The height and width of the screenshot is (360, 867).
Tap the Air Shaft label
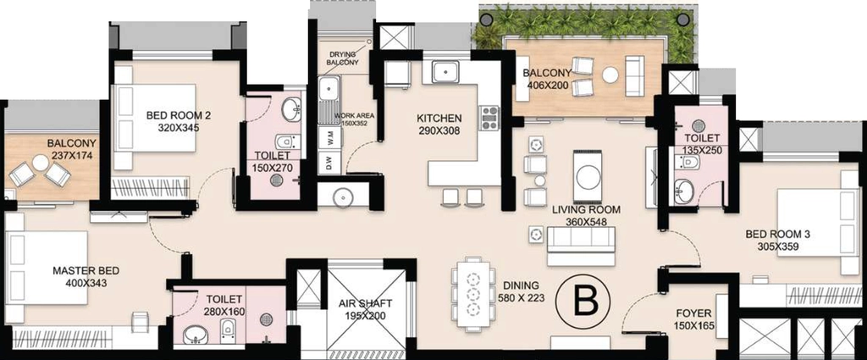point(366,310)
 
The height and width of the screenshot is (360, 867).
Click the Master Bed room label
point(86,277)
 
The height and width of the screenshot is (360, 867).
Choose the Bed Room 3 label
point(777,241)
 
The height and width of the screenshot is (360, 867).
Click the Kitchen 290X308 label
point(439,125)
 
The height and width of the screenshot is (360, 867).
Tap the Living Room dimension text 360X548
point(586,222)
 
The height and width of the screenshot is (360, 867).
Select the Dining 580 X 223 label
point(523,292)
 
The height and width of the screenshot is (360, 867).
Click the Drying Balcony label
point(344,58)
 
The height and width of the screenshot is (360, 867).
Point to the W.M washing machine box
point(329,138)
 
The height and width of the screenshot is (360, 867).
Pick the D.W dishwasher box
point(329,163)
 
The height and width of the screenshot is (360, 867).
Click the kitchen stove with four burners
point(489,118)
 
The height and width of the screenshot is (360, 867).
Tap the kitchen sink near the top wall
point(445,72)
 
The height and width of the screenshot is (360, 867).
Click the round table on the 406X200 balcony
point(610,75)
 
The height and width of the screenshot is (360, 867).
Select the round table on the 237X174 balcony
point(41,163)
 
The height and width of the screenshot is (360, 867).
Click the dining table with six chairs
point(472,294)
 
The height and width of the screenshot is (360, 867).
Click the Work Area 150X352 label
point(355,119)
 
